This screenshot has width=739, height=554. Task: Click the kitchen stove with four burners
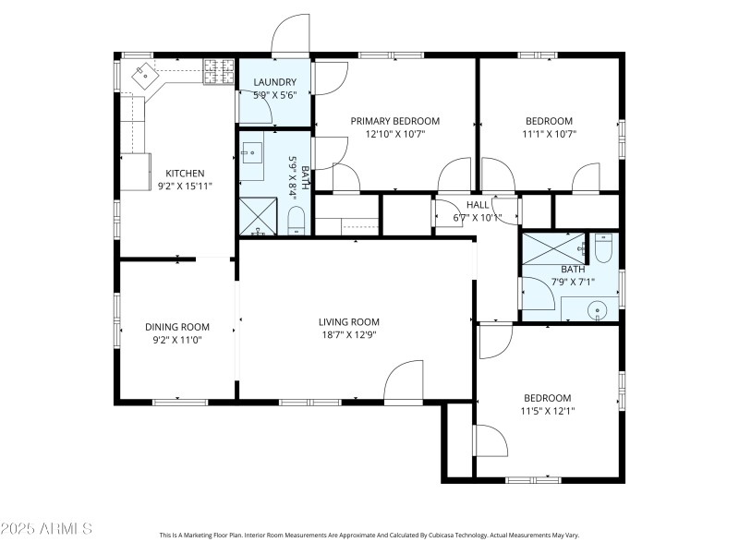pos(218,71)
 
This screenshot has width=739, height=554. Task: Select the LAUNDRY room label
pos(274,82)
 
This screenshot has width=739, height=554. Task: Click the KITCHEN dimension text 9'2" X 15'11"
pos(185,186)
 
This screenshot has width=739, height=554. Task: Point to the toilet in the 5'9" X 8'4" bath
pos(297,220)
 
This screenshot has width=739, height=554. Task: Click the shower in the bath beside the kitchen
pos(257,217)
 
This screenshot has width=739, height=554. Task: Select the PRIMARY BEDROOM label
pos(394,121)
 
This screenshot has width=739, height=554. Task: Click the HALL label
pos(478,205)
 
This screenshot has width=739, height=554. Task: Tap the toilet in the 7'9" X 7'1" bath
pos(602,249)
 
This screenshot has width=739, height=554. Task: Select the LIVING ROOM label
pos(348,322)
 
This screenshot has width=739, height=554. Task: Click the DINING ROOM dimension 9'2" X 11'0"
pos(176,340)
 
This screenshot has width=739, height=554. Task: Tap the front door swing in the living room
pos(404,382)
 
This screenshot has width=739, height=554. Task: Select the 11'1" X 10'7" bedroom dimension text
pos(549,134)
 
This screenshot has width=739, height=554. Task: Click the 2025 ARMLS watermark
pos(46,528)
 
